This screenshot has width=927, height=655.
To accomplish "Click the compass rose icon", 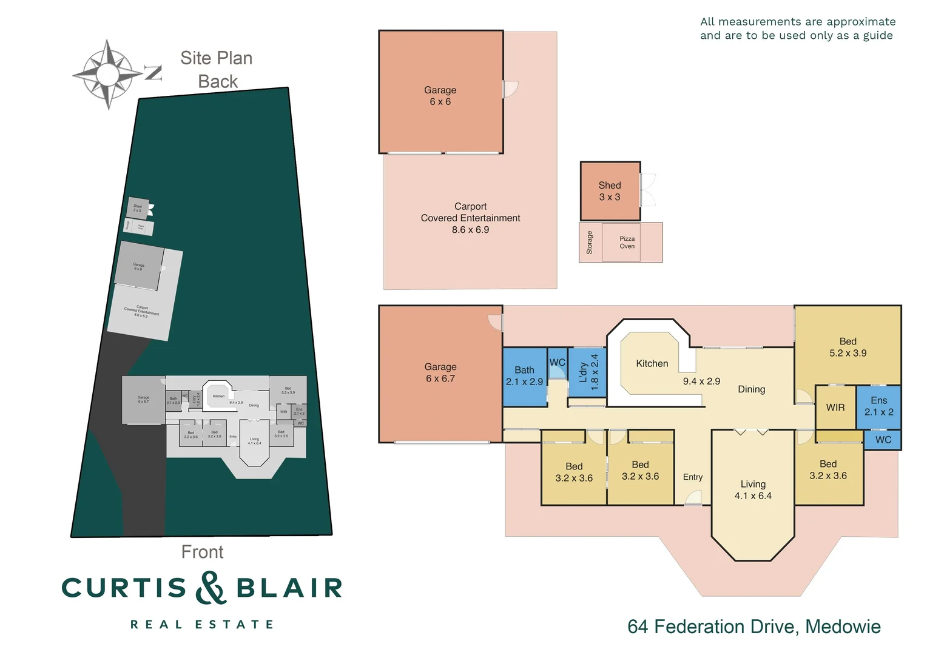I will coord(108,74).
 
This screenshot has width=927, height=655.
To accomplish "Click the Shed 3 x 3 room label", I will coord(610,191).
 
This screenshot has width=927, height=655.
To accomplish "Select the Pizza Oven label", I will coord(627,243).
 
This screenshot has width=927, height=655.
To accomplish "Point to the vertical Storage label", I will coord(589,243).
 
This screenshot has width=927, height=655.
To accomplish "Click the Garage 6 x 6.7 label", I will coord(440,372).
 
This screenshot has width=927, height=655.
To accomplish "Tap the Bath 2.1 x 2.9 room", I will coord(524,376).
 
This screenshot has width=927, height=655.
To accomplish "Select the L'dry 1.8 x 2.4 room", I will coord(588,372).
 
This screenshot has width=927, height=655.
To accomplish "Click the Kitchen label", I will coord(652,363).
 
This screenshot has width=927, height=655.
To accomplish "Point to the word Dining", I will coord(751,389).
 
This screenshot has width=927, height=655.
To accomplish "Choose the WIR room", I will coord(835,408).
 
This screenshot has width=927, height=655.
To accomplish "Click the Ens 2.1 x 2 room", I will coord(878,406).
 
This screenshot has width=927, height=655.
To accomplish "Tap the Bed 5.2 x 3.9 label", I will coord(848,347).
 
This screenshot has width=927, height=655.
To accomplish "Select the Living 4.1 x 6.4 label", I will coord(753,489).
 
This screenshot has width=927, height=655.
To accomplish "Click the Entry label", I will coord(692,477).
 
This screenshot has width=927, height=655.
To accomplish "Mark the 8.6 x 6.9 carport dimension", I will coord(470,230).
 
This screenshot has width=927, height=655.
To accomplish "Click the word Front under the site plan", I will coord(202,552).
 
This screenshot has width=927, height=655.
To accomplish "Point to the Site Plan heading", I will coord(216,58).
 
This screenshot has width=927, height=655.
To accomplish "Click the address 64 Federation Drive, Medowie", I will coord(753,626).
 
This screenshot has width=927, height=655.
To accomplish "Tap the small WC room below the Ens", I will coord(883,440).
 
